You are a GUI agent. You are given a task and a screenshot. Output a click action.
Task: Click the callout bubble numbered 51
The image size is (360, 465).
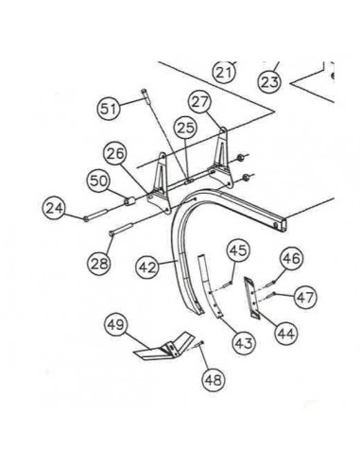[111, 110]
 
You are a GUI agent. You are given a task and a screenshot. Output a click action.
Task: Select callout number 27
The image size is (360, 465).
[198, 101]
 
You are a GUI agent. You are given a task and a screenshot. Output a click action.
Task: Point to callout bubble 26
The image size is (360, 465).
[114, 153]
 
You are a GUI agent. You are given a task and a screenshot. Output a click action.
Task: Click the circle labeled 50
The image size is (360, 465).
[98, 180]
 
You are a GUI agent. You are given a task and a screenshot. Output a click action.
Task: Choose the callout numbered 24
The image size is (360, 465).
[54, 209]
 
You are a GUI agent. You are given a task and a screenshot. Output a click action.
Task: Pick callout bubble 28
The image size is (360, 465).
[99, 264]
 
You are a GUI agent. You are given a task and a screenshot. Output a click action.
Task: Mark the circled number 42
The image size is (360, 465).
[146, 267]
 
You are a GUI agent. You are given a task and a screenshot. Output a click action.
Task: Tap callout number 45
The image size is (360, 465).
[236, 250]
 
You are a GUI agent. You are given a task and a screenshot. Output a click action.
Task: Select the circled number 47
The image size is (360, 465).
[304, 297]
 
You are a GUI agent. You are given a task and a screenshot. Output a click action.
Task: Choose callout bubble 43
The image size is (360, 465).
[243, 341]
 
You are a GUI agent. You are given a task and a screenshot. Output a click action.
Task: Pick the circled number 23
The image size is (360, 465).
[269, 82]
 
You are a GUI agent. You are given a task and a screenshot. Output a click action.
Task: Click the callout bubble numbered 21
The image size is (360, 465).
[223, 71]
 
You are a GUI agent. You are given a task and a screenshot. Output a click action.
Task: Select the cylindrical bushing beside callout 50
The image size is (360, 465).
[129, 202]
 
